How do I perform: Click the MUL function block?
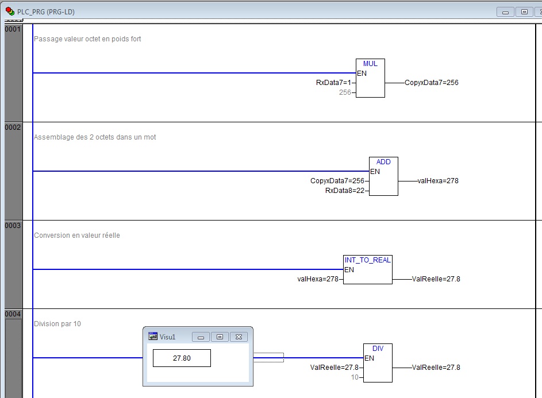[x=370, y=78]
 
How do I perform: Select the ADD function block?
[x=383, y=176]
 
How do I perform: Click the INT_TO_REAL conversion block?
[x=367, y=269]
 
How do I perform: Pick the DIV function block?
[x=378, y=363]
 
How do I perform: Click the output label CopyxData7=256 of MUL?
[x=431, y=83]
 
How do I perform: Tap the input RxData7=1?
[x=333, y=83]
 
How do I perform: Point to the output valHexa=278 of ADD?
[x=438, y=181]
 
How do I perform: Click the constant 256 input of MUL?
[x=345, y=92]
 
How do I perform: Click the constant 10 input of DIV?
[x=355, y=377]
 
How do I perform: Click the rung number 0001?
[x=13, y=29]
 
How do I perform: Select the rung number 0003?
[x=13, y=226]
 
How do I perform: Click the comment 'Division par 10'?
[x=57, y=324]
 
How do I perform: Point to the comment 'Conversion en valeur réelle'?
[x=77, y=235]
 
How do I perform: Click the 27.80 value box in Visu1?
[x=182, y=358]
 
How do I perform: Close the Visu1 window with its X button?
[x=239, y=337]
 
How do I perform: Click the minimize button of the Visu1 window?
[x=201, y=337]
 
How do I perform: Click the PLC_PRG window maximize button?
[x=524, y=11]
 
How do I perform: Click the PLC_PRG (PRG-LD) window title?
[x=46, y=11]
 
